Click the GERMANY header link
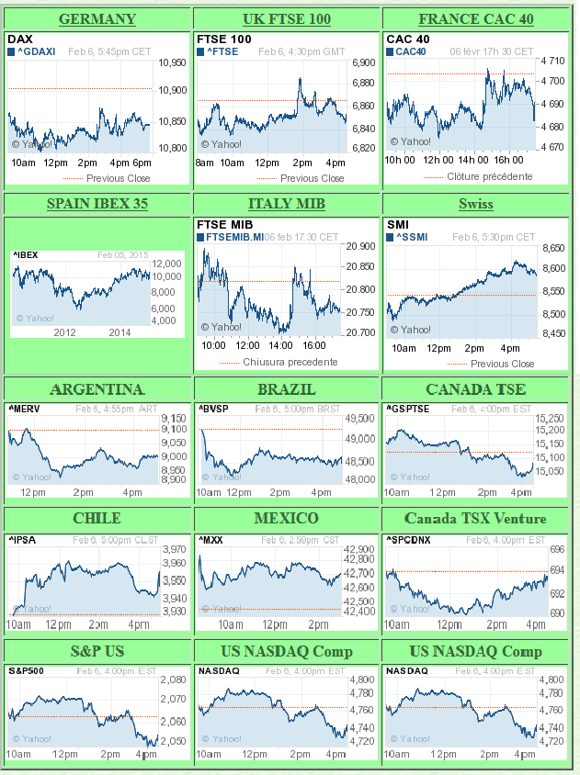click(x=97, y=19)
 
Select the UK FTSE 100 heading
click(x=287, y=19)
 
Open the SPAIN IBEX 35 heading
click(x=97, y=204)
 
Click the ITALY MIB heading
click(x=287, y=204)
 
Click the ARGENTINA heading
click(x=97, y=389)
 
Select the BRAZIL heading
click(x=287, y=389)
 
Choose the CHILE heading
click(x=97, y=519)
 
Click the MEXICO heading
click(x=287, y=519)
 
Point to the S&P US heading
click(x=97, y=651)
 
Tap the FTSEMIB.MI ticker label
click(x=234, y=237)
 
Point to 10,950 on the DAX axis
click(x=173, y=63)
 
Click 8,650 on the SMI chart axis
click(x=553, y=248)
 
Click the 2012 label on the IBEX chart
click(x=64, y=331)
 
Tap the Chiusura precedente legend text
click(x=292, y=362)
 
